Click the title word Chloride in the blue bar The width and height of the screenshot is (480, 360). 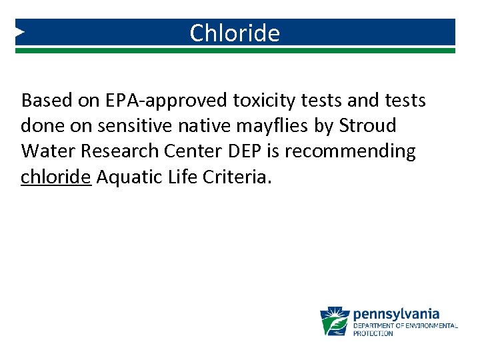coord(235,33)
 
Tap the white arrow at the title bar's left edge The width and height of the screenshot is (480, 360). coord(20,31)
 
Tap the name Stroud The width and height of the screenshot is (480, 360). coord(367,126)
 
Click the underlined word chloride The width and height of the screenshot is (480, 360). coord(55,177)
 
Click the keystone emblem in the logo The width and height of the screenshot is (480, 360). coord(335,321)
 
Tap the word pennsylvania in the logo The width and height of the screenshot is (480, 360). coord(396,313)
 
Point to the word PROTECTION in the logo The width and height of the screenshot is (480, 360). coord(373,333)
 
